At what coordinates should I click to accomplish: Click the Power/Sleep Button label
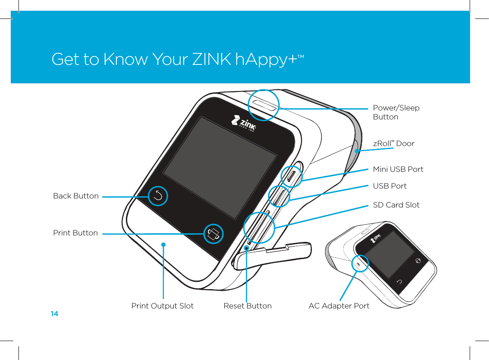coord(396,112)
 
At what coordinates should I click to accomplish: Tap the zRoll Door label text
coord(393,143)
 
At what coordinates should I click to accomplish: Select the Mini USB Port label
coord(398,169)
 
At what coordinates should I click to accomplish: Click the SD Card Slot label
coord(396,205)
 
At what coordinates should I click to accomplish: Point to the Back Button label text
coord(76,196)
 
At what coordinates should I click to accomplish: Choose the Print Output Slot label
coord(162,306)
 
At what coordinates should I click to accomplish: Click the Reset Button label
coord(248,306)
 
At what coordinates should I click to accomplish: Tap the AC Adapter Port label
coord(339,306)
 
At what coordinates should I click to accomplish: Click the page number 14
coord(54,314)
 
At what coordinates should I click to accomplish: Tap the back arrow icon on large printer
coord(158,196)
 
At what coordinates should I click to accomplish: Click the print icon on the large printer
coord(214,234)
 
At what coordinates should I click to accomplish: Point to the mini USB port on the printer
coord(291,176)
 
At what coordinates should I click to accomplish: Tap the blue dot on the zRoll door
coord(357,150)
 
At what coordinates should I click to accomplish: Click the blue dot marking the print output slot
coord(164,244)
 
